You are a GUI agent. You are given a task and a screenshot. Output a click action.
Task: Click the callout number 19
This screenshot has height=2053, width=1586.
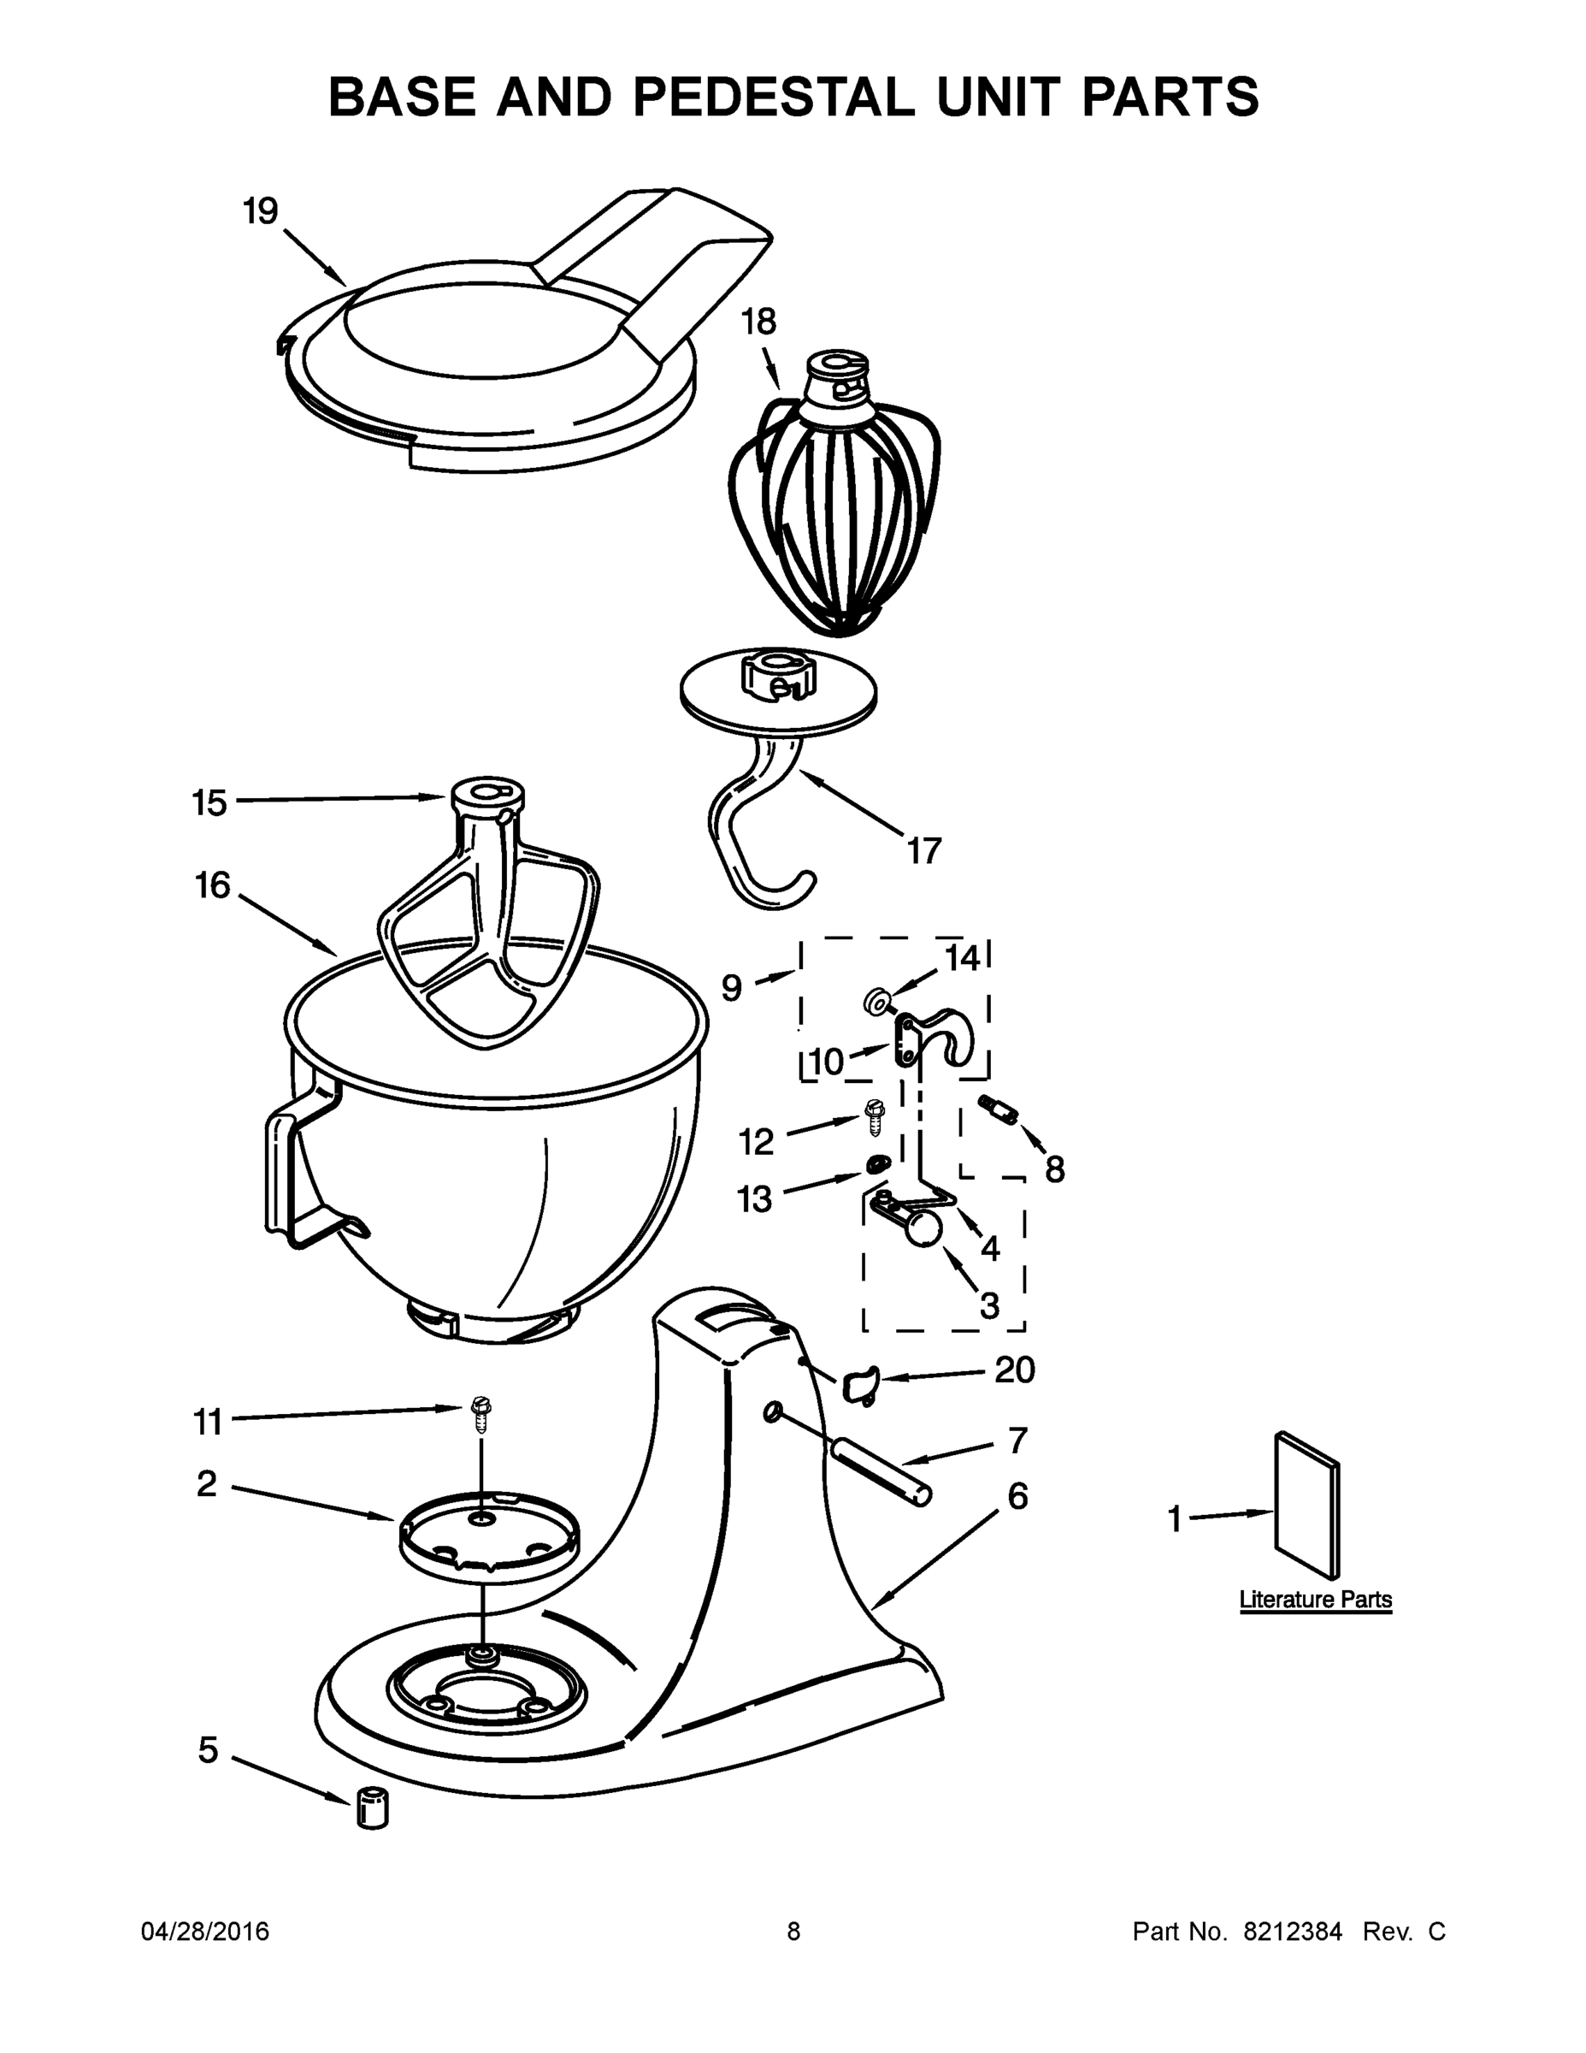[x=260, y=210]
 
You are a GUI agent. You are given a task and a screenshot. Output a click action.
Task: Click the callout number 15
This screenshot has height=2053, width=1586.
[x=209, y=802]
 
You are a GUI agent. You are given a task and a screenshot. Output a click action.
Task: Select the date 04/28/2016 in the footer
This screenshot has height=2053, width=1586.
[x=205, y=1932]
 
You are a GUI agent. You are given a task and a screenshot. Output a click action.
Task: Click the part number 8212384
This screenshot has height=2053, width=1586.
[x=1292, y=1932]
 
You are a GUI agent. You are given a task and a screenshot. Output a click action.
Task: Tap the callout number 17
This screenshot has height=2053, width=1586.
[x=923, y=851]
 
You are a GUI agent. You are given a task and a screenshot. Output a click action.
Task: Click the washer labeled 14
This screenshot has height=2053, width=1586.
[x=876, y=1002]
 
